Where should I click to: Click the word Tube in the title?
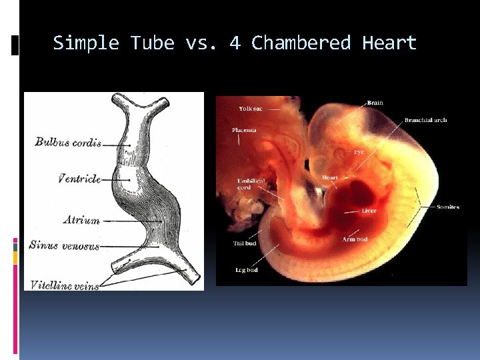coord(152,43)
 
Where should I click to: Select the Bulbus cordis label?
coord(68,142)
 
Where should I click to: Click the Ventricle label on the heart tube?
coord(79,179)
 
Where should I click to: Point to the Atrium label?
coord(81,220)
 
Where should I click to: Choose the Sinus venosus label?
coord(64,245)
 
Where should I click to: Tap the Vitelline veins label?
coord(64,285)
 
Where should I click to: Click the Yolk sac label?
coord(251,109)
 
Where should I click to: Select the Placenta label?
coord(245,130)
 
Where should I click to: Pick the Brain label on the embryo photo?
coord(375,103)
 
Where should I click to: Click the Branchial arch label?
coord(425,120)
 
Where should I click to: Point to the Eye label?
coord(359,152)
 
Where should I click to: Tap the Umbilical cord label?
coord(251,184)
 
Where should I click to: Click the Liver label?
coord(369,211)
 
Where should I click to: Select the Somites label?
coord(448,207)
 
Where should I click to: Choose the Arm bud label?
coord(355,239)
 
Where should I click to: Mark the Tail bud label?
coord(245,243)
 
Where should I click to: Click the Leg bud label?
coord(246,270)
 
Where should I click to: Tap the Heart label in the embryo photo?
coord(331,177)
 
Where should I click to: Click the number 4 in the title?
coord(235,43)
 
